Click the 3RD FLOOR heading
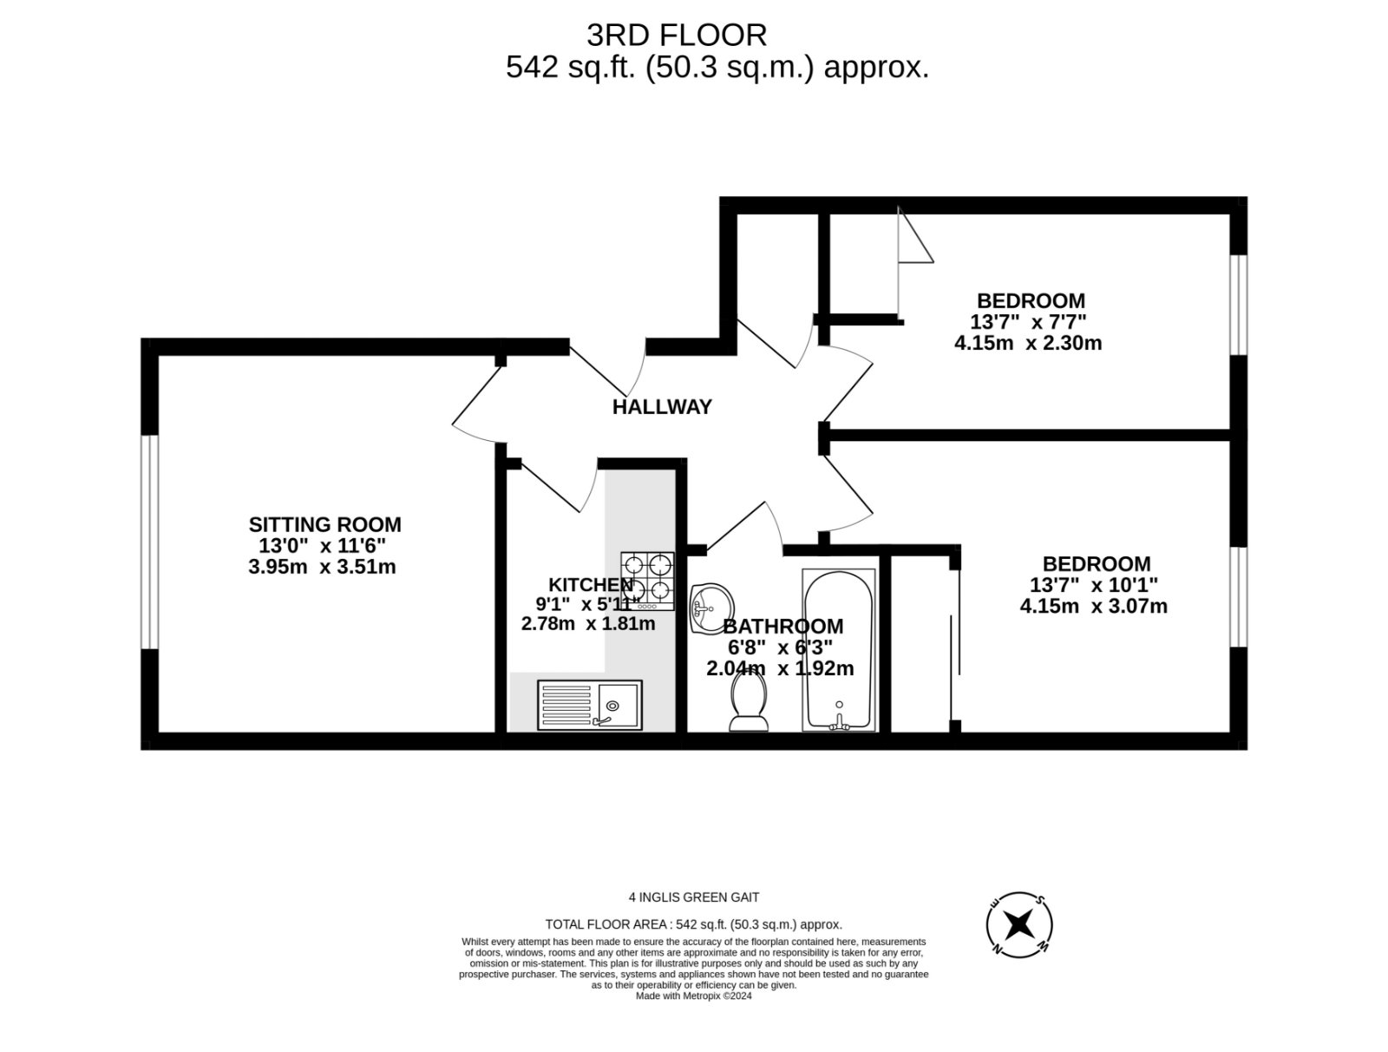(677, 36)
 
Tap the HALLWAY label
(662, 407)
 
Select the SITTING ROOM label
(324, 524)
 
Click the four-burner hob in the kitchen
(648, 580)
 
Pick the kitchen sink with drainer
(590, 705)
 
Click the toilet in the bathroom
(749, 704)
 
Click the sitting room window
(150, 542)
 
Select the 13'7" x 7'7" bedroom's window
(1239, 305)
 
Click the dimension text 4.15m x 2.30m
(1028, 343)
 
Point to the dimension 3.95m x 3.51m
(322, 568)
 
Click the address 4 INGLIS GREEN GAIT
(694, 897)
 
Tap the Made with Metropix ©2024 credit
(694, 996)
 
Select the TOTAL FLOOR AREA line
(694, 924)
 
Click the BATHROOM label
(782, 626)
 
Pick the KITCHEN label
(590, 584)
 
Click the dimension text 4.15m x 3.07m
(1093, 607)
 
